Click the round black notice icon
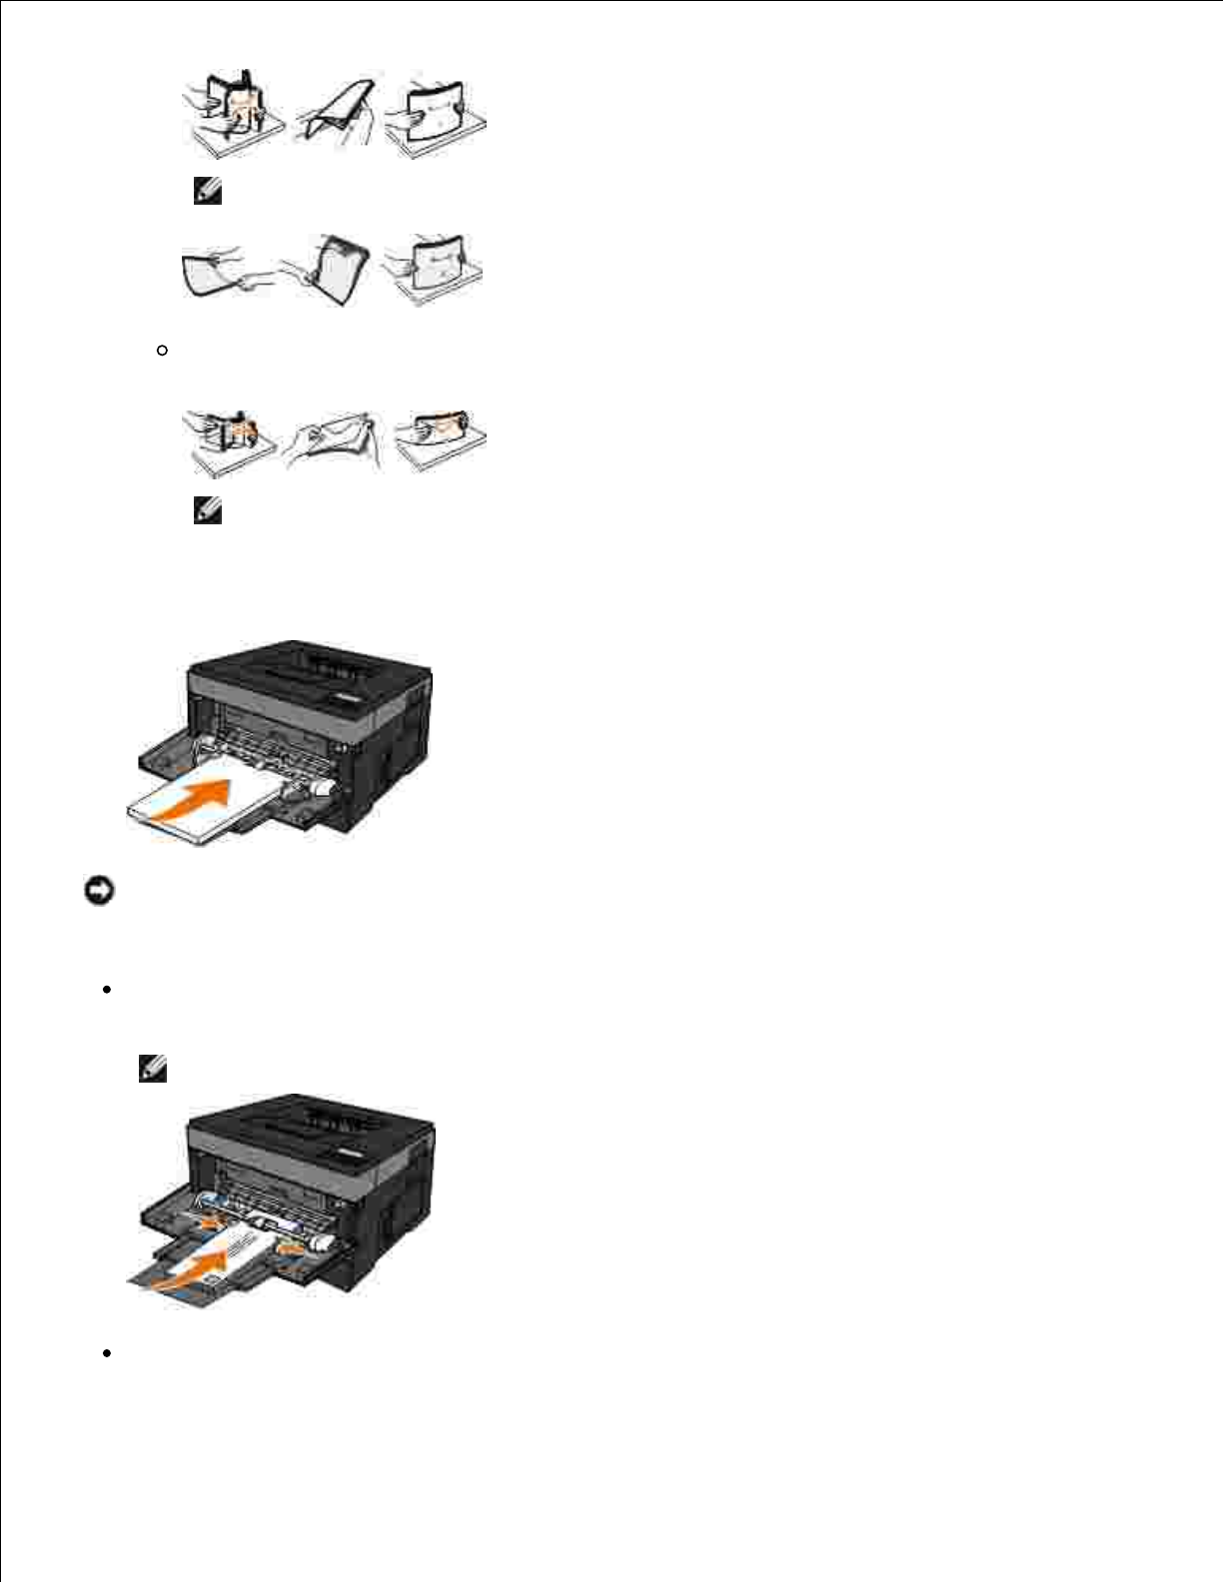99,891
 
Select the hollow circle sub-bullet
162,351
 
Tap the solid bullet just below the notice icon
105,990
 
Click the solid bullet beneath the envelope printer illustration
105,1353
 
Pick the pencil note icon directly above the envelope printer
153,1069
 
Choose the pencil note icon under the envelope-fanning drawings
207,511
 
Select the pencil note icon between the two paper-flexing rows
207,192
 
